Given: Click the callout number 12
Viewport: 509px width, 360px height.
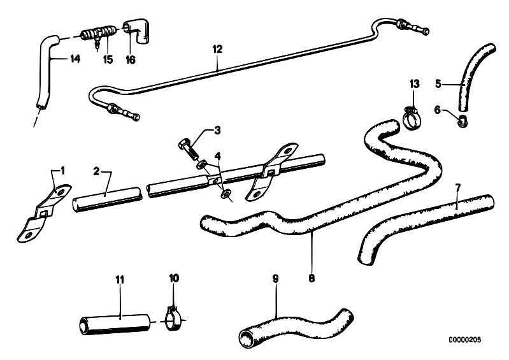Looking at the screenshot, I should pyautogui.click(x=217, y=48).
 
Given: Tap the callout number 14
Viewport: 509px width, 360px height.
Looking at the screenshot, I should pyautogui.click(x=75, y=59).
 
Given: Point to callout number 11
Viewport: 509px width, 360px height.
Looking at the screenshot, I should pyautogui.click(x=120, y=279).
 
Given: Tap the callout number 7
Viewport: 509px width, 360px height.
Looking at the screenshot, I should pyautogui.click(x=457, y=187).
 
